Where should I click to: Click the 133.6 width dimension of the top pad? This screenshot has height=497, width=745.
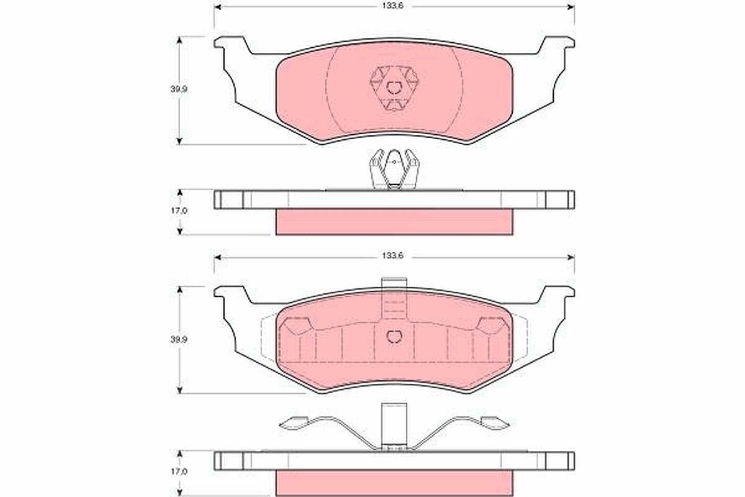coord(392,6)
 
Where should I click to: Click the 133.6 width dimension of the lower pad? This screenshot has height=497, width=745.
coord(392,256)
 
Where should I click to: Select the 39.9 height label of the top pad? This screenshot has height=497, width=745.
coord(179,89)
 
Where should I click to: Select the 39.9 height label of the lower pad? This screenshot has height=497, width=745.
coord(179,340)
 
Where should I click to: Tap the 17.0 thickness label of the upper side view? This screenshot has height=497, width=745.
coord(179,211)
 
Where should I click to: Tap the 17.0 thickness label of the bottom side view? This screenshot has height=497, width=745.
coord(179,472)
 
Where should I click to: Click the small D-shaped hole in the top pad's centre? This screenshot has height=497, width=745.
coord(394,88)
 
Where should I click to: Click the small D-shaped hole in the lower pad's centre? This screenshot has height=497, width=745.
coord(394,337)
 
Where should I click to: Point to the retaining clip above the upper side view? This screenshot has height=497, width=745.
coord(394,169)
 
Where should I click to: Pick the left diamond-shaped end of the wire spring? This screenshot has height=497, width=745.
coord(293,424)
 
